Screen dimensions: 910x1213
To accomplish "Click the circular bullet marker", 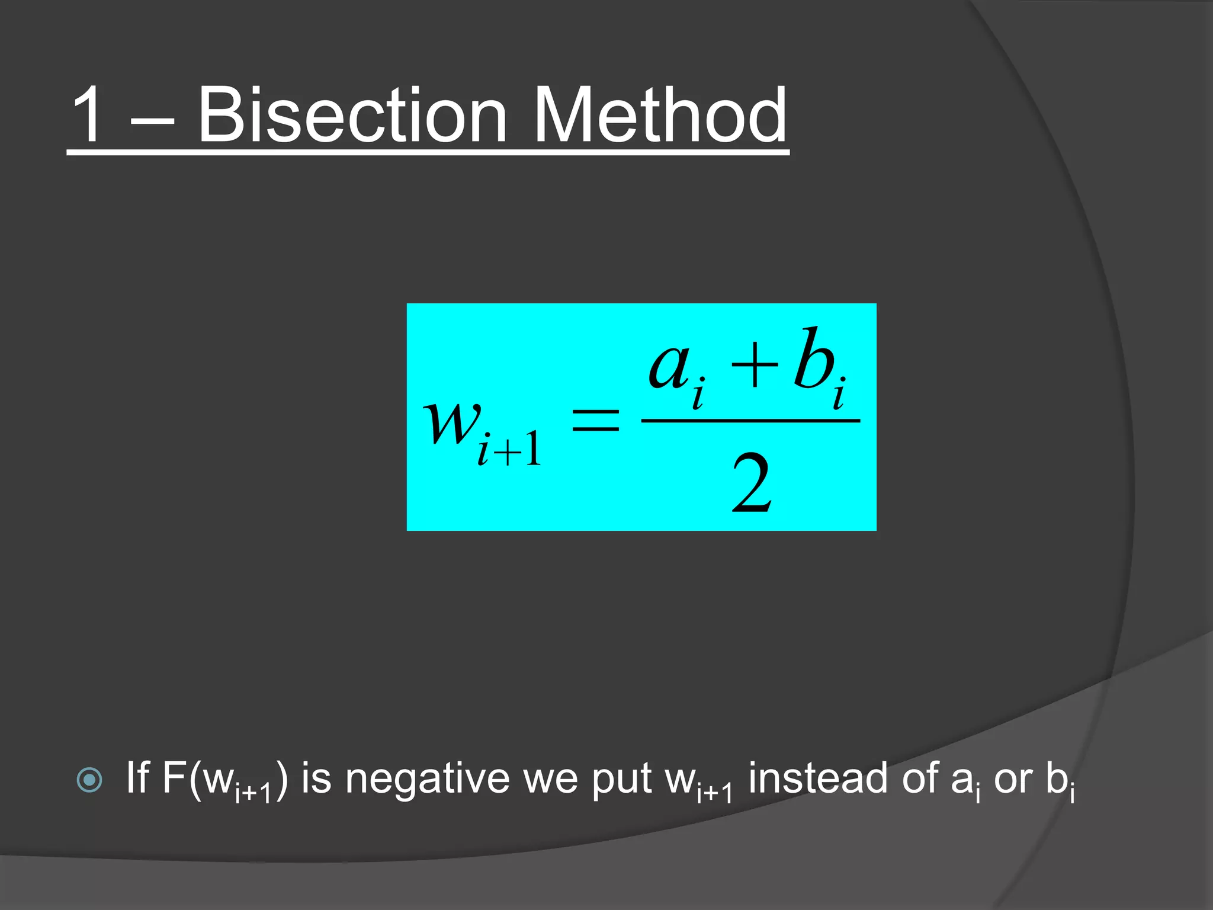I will click(x=89, y=780).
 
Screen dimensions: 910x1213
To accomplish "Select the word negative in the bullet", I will click(x=427, y=778).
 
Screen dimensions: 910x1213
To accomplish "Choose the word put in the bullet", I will click(x=621, y=780).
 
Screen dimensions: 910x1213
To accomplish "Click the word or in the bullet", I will click(x=1013, y=780).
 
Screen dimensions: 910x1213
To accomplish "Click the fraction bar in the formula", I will click(x=750, y=421).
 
